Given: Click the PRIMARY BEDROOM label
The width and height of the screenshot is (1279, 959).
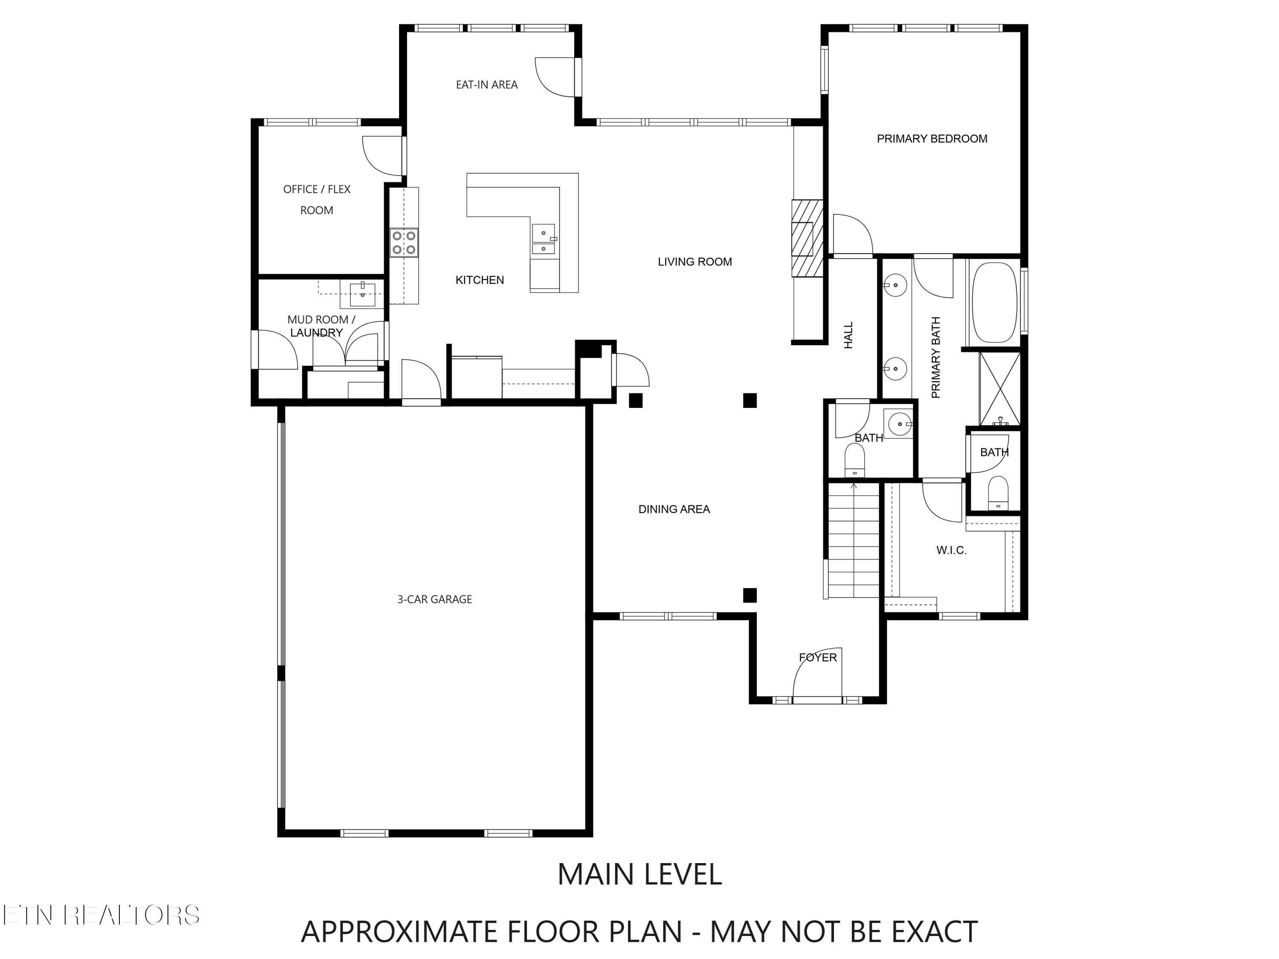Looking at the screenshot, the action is (932, 139).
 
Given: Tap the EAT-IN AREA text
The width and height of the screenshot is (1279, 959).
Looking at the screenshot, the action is (487, 85).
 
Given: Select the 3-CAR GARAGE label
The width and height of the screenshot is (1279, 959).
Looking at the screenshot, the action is (435, 599).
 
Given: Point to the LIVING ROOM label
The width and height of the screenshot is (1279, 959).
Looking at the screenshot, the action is (695, 262).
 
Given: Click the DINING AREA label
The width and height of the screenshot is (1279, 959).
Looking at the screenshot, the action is (674, 509).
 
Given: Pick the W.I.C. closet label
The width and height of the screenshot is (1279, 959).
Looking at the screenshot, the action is (952, 550).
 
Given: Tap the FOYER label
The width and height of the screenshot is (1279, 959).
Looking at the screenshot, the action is (818, 657).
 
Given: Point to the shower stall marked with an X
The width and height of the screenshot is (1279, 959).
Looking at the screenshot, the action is (1000, 388).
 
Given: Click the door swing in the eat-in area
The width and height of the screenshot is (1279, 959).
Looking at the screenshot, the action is (556, 76).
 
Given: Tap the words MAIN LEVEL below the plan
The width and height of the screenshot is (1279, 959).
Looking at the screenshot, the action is (639, 874).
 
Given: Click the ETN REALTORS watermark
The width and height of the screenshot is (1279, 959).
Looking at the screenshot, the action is (101, 915).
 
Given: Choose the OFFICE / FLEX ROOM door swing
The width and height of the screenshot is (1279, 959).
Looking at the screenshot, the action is (382, 156).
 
